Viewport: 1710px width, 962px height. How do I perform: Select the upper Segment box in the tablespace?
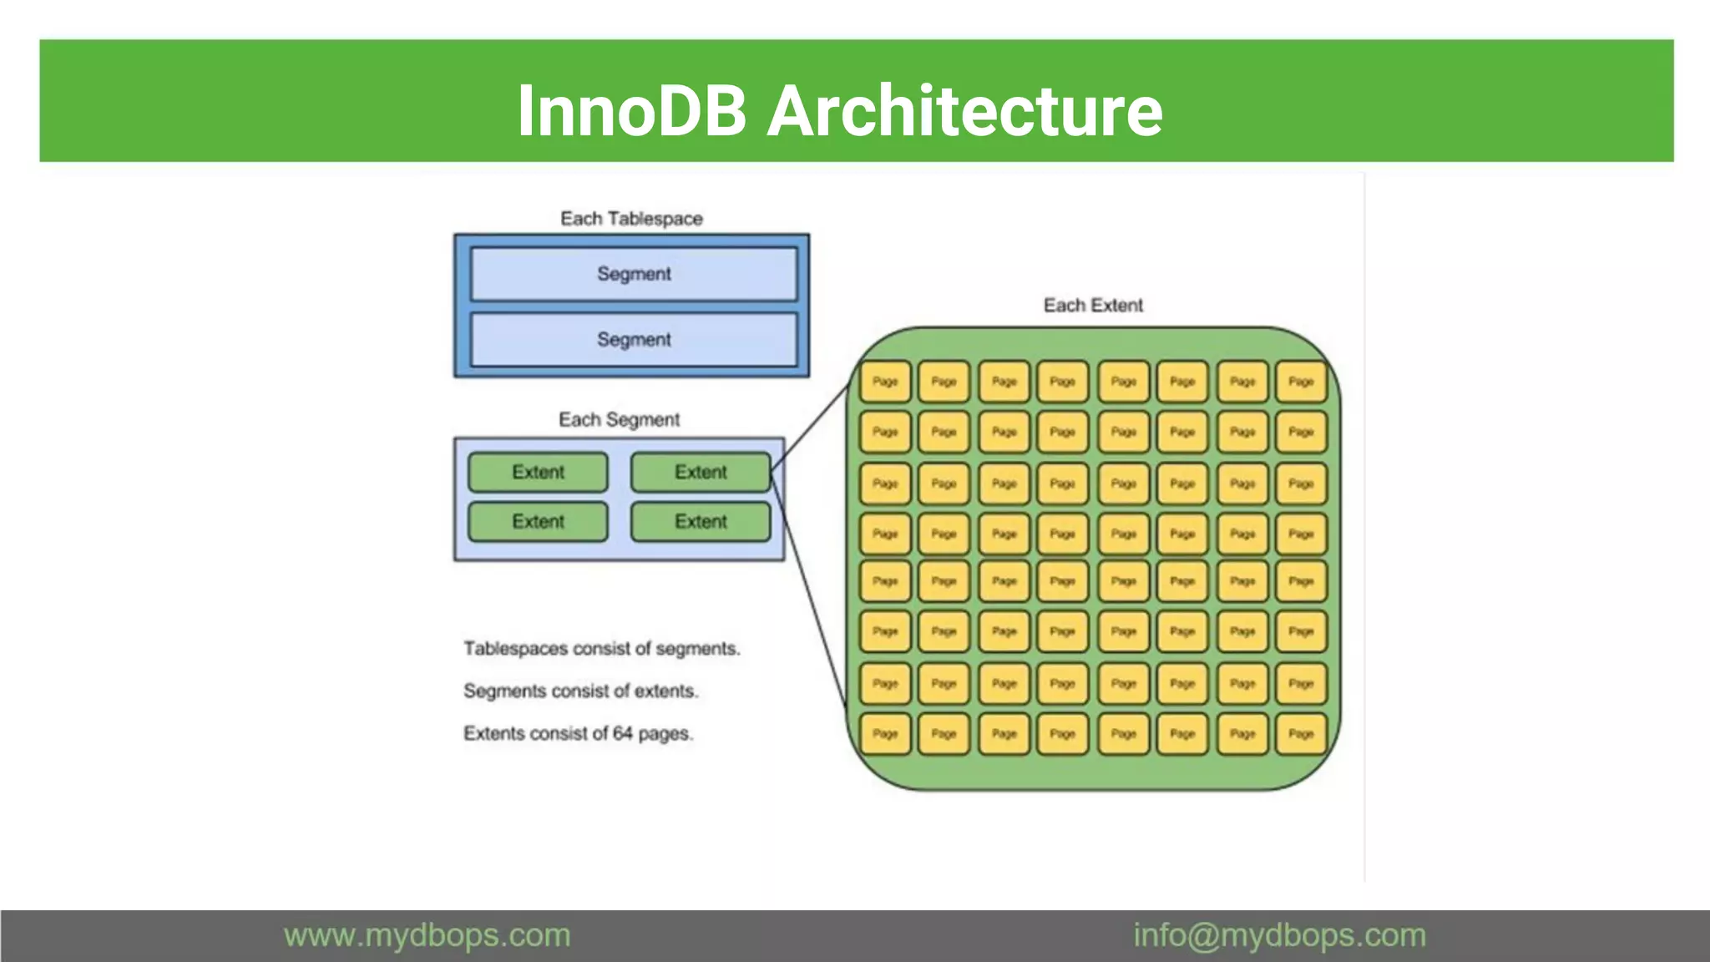(634, 274)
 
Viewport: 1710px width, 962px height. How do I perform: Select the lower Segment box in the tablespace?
(634, 340)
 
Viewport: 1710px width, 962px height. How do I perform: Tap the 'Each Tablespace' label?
(631, 219)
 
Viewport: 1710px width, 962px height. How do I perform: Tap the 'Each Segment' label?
(619, 419)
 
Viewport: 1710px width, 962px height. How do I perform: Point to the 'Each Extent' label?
(1093, 306)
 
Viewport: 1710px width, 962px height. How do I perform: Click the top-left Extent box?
(538, 472)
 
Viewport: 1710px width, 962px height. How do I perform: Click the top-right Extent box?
(701, 472)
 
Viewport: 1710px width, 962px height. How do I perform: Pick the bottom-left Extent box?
(538, 522)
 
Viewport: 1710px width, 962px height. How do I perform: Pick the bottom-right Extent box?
(701, 522)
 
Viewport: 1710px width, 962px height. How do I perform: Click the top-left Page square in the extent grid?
(885, 382)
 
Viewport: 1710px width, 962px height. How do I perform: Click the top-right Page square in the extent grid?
(1301, 382)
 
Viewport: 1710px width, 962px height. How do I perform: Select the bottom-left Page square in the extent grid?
(885, 734)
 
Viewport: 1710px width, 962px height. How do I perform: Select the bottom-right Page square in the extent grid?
(1301, 734)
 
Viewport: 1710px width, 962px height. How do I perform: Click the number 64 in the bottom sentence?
(623, 733)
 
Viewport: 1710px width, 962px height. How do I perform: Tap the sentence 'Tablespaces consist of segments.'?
(601, 649)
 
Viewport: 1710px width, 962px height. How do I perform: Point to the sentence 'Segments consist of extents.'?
(580, 691)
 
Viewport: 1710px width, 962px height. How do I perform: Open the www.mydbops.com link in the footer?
(427, 935)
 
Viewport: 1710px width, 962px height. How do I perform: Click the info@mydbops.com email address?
(1279, 935)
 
